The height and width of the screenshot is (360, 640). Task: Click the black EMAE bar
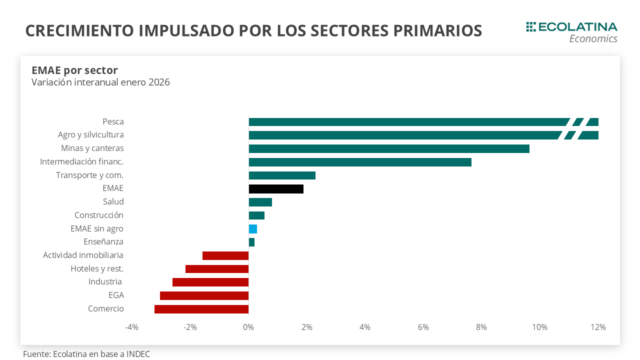coord(276,189)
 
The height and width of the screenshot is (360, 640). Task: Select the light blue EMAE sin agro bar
coord(253,229)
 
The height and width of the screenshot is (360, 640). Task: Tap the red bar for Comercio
coord(201,309)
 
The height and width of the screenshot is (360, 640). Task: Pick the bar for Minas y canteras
coord(388,148)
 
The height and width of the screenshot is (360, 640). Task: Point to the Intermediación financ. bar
coord(360,162)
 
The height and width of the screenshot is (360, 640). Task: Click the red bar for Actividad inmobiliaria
coord(225,255)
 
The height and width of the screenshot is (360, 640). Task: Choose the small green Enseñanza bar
coord(251,242)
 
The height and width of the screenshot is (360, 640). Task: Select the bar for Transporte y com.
coord(282,175)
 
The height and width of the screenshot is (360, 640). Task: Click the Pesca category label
coord(113,121)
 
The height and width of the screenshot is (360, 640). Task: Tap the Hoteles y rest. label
coord(97,268)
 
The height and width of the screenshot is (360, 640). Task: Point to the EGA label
coord(116,295)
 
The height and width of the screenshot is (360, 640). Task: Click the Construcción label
coord(99,215)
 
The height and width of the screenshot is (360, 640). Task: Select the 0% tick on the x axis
coord(248,327)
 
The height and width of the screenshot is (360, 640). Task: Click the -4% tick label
coord(131,327)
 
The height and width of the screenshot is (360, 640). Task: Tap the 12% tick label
coord(598,327)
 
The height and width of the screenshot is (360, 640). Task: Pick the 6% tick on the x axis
coord(423,327)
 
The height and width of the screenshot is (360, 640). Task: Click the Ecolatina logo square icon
coord(531,27)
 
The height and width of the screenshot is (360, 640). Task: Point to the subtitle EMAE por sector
coord(74,70)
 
